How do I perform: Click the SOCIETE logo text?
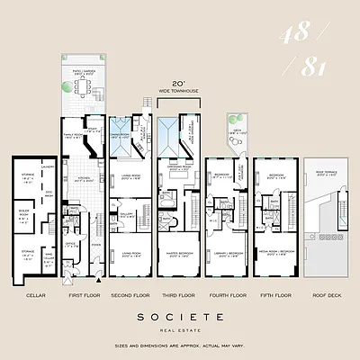coord(181,318)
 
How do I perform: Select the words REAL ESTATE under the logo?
coord(181,329)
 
